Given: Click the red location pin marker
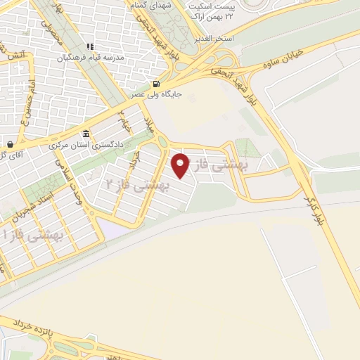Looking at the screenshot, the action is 181,165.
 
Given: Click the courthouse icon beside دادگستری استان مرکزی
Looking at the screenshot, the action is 86,134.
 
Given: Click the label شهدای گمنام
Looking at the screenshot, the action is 150,5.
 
